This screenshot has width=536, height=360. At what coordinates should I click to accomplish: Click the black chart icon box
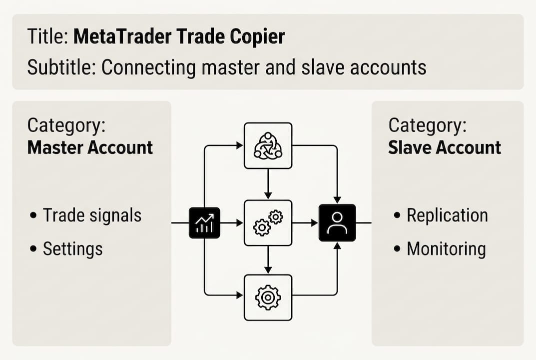coord(204,223)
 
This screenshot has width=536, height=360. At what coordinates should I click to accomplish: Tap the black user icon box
coord(337,223)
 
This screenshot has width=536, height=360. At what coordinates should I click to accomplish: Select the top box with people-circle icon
coord(268,145)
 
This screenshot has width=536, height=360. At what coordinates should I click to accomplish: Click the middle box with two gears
coord(268,223)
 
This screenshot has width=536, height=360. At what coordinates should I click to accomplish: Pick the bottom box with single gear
coord(268,297)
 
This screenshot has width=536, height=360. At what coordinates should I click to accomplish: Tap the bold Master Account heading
coord(90,147)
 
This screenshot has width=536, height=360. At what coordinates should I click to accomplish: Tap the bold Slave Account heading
coord(445,147)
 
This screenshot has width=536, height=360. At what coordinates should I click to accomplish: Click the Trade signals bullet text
coord(92,215)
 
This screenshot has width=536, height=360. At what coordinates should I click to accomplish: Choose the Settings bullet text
coord(72,248)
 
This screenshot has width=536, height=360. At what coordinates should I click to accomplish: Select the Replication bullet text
coord(447,215)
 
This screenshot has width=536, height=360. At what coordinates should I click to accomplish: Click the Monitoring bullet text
coord(446,248)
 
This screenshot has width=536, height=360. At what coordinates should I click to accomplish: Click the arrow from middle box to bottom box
coord(268,260)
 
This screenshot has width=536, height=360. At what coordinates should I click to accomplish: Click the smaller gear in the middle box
coord(275,216)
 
